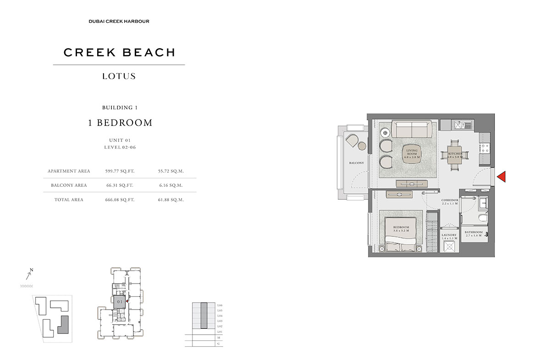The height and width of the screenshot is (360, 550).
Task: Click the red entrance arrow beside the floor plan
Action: [501, 177]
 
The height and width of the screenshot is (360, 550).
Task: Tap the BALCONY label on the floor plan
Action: [356, 163]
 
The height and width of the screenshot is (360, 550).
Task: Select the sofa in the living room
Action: [411, 129]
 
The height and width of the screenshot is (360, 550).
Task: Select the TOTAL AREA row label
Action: [68, 200]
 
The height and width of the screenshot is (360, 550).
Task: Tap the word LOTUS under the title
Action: [119, 76]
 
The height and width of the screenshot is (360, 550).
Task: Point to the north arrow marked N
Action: [29, 274]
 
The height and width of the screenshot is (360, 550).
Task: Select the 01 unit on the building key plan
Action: [119, 301]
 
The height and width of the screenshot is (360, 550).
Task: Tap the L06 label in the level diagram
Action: [220, 305]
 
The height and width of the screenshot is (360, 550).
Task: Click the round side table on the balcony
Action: [362, 146]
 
